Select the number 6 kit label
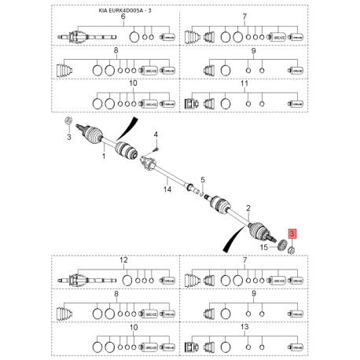(x=123, y=17)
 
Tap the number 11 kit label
(x=244, y=83)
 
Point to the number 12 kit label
(x=123, y=259)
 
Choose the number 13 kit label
(x=244, y=325)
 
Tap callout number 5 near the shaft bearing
(x=201, y=179)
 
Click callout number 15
(x=265, y=248)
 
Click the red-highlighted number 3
(x=292, y=233)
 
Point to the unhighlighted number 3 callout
(x=68, y=138)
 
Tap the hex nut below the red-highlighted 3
(x=292, y=249)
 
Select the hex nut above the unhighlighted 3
(x=68, y=121)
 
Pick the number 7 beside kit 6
(x=244, y=17)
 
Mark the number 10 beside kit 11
(x=132, y=83)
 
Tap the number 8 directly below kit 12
(x=116, y=292)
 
